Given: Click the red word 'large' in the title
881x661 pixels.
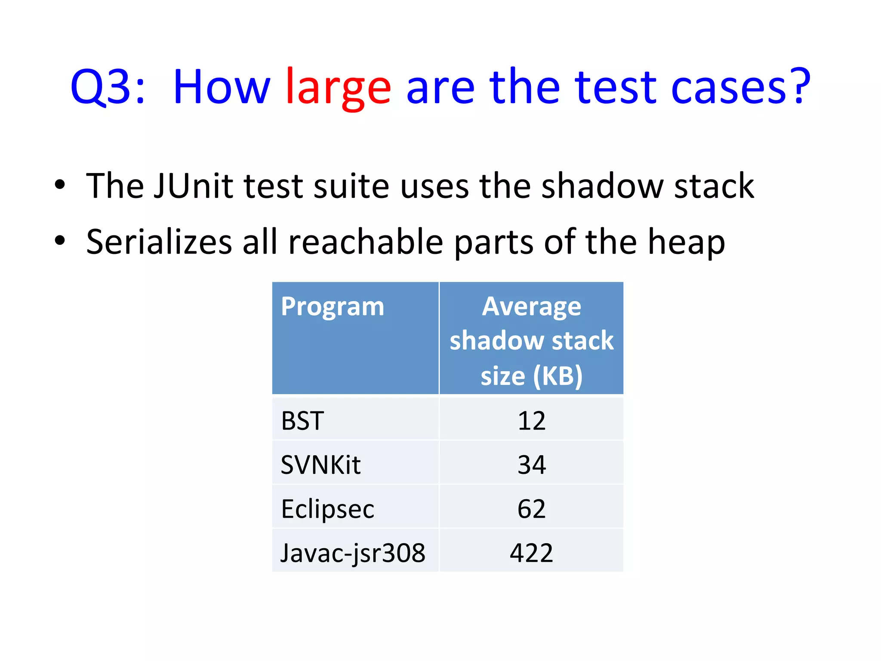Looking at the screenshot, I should (338, 88).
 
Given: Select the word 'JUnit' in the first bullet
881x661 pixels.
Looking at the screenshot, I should (193, 186).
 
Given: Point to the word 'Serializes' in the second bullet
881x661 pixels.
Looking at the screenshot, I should (159, 242).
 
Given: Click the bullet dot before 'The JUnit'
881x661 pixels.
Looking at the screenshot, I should (60, 185).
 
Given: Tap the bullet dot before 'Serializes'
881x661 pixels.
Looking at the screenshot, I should (60, 241).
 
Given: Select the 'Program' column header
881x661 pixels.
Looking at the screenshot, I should (332, 307).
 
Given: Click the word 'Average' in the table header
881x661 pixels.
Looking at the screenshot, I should (531, 307).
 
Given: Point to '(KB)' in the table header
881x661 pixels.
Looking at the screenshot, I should (558, 376).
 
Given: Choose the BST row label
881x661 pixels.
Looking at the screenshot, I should (302, 421).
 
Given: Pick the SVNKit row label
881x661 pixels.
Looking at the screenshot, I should (320, 465).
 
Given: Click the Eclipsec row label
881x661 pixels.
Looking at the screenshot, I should (327, 509).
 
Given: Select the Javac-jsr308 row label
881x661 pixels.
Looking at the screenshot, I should (353, 553).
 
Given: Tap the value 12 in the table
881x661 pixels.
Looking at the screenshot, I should (531, 421).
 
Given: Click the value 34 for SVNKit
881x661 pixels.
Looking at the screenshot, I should (531, 465).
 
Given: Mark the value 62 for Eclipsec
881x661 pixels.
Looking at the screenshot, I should (531, 509).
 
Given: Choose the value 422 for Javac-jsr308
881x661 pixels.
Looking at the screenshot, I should (531, 553).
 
